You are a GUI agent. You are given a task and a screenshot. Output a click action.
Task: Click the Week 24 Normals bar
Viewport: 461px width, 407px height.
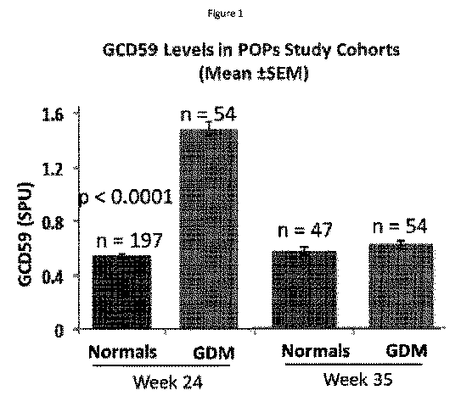click(x=121, y=292)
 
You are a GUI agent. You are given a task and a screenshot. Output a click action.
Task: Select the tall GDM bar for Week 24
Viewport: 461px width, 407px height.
click(x=209, y=229)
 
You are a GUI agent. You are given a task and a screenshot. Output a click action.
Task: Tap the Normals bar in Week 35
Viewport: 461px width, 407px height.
click(x=304, y=290)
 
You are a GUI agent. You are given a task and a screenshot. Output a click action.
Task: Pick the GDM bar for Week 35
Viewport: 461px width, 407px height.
click(x=401, y=286)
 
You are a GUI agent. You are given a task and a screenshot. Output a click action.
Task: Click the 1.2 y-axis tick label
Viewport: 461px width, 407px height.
click(x=53, y=169)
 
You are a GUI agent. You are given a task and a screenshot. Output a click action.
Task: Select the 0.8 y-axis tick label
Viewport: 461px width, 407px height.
click(x=53, y=224)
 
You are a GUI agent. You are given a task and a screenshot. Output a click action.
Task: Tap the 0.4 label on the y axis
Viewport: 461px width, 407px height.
click(x=53, y=277)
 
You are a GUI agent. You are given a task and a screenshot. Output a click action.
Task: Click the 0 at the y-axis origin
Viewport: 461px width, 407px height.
click(x=59, y=331)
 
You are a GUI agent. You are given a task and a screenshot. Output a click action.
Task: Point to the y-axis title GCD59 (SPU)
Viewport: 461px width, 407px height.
click(x=25, y=234)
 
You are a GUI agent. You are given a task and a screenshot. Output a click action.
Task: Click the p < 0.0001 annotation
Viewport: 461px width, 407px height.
click(x=126, y=197)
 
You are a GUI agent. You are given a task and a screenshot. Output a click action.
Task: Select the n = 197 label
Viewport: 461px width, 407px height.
click(x=129, y=241)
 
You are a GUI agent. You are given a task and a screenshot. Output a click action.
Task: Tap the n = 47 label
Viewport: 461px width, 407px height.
click(x=305, y=230)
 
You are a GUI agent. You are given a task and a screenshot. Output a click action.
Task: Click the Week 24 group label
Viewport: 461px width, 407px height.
click(x=168, y=382)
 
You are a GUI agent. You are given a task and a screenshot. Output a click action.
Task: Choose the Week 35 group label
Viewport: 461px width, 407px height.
click(x=357, y=379)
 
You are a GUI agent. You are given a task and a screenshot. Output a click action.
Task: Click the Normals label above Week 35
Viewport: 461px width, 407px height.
click(x=316, y=351)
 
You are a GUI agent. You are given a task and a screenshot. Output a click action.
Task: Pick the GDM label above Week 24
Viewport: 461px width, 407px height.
click(x=214, y=353)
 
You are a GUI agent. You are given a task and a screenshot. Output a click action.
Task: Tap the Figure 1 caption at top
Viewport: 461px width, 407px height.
click(x=226, y=14)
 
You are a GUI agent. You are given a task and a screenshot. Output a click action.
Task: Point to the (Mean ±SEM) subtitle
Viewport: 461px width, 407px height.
click(x=254, y=74)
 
